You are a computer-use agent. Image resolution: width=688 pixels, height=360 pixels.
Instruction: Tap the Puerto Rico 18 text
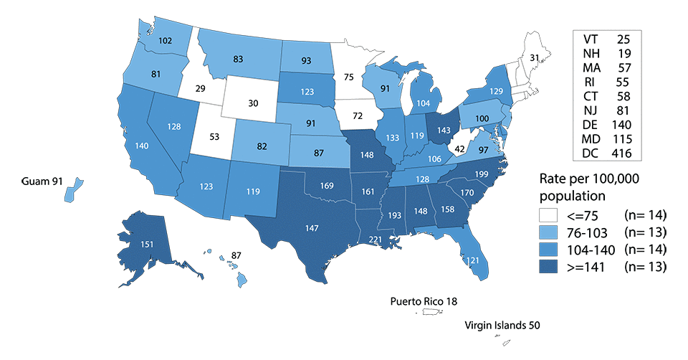coord(421,301)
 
